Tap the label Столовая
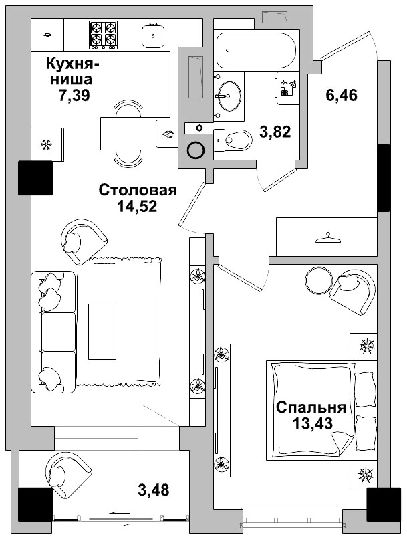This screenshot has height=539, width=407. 137,191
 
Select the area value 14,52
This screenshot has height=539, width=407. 137,207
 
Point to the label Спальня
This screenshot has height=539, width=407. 311,407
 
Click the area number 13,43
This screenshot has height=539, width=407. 312,423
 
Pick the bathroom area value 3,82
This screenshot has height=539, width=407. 274,132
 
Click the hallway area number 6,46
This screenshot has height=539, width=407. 342,96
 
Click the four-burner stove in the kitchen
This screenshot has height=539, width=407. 104,34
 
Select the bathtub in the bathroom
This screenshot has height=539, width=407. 257,48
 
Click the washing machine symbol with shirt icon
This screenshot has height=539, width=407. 288,88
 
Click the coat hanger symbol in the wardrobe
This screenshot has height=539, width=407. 326,236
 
